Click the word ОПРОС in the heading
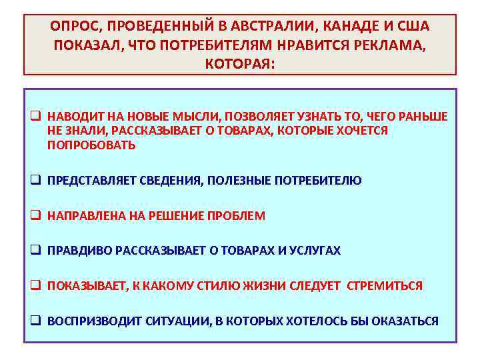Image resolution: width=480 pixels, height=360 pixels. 71,26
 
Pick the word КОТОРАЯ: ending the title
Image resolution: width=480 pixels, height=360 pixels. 240,65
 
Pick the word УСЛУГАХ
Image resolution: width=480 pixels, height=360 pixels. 315,251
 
